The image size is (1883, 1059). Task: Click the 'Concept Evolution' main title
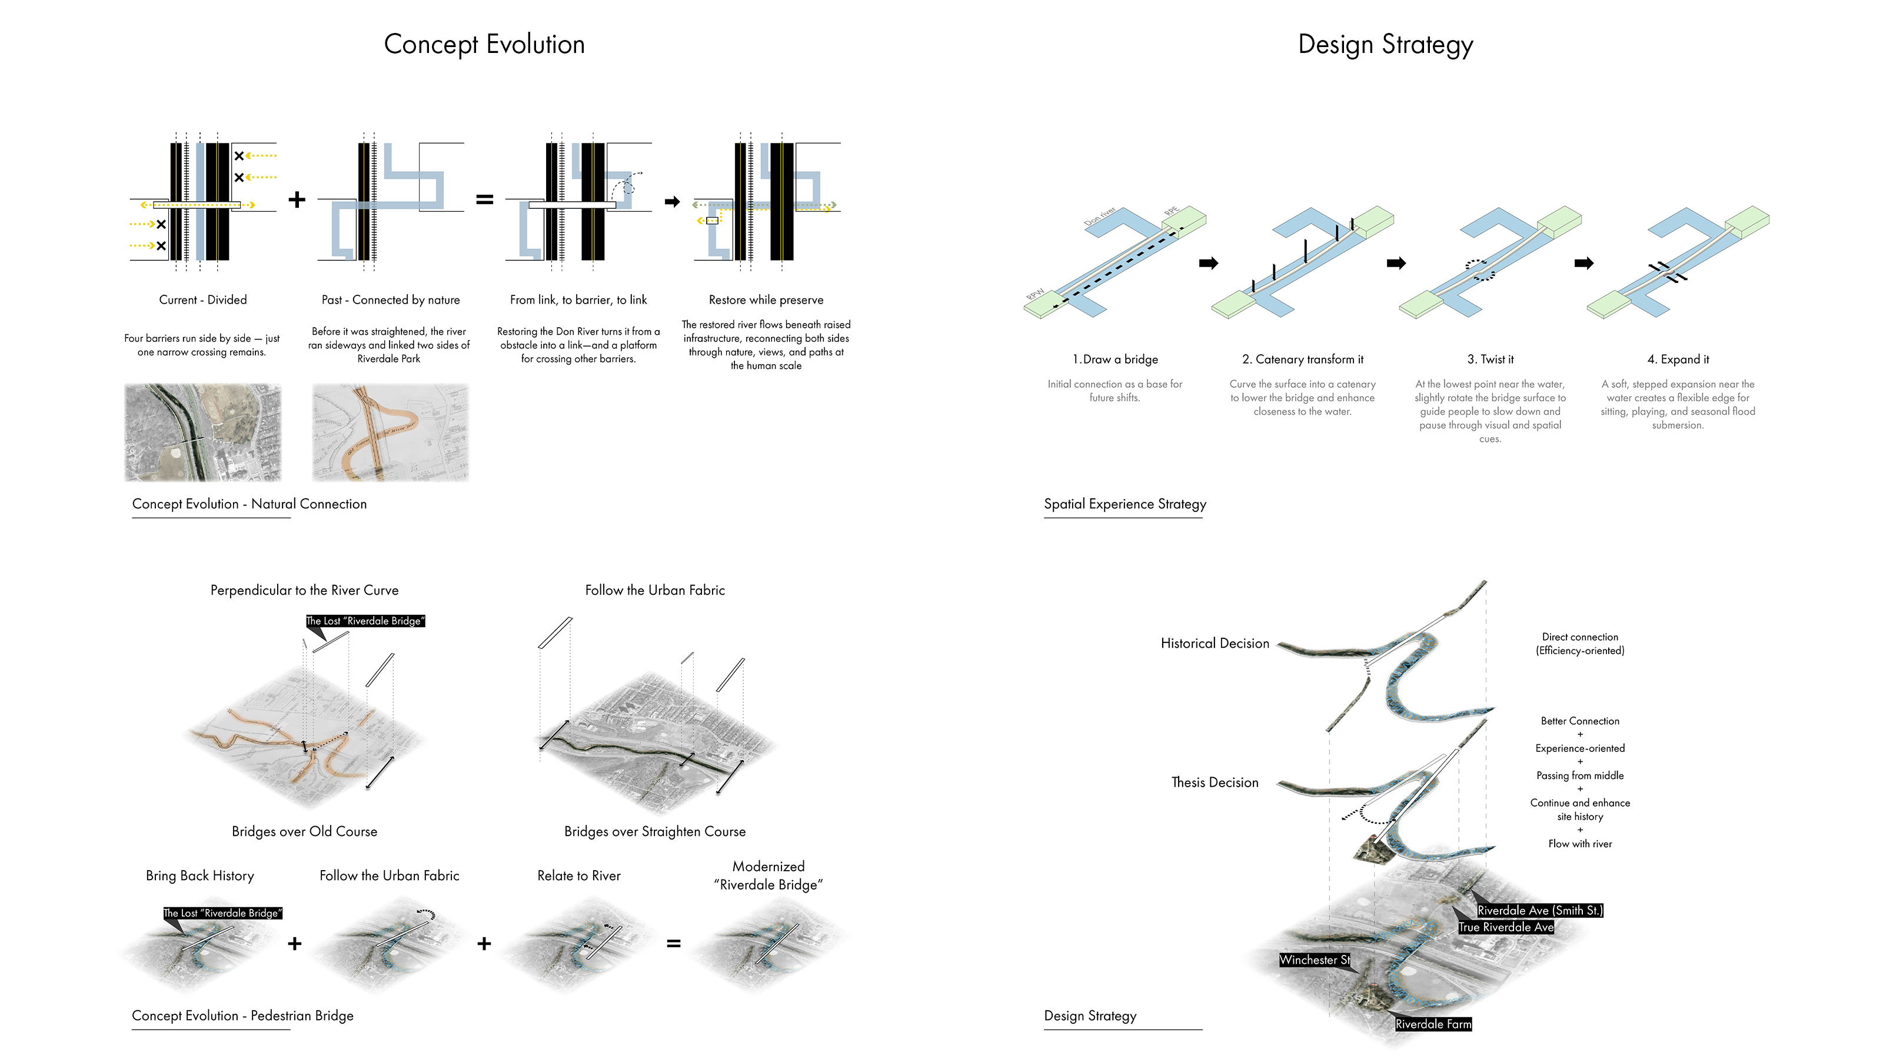(484, 45)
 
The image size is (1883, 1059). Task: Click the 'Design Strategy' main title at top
(1385, 45)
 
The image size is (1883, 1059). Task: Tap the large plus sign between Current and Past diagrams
(296, 199)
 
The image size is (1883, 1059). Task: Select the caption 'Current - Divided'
(202, 299)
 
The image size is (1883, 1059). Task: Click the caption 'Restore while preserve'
(766, 299)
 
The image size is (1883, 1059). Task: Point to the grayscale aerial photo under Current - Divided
(202, 432)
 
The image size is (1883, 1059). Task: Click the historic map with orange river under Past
(390, 432)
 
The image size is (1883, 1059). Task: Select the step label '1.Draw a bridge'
(1115, 359)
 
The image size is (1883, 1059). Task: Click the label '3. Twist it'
(1490, 359)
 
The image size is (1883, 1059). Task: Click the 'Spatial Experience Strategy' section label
(1125, 504)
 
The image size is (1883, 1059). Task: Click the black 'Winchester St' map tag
(1313, 960)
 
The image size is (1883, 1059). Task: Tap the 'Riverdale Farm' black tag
(1432, 1024)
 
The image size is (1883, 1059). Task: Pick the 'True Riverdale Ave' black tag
(1505, 927)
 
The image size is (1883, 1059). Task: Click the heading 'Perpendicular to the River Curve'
(304, 590)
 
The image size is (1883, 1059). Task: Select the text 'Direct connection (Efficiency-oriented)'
(1579, 644)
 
